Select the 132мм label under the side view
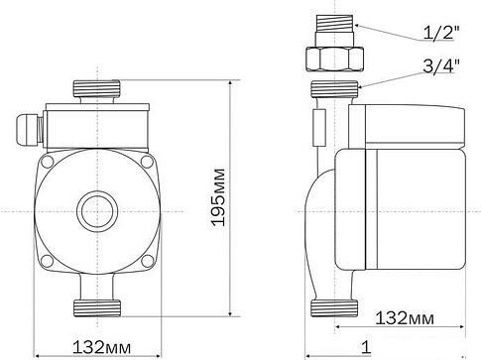click(406, 318)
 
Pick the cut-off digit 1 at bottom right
click(366, 348)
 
